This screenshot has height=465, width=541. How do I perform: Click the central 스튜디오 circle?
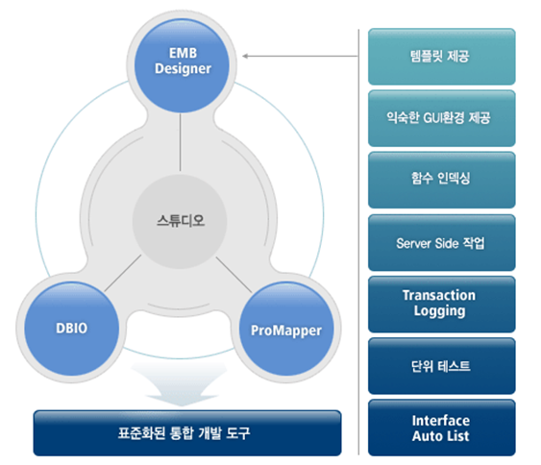tap(181, 219)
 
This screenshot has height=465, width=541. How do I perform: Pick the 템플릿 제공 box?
tap(442, 56)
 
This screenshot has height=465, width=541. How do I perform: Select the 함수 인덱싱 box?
tap(442, 180)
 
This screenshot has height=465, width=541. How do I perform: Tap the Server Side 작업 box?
tap(442, 242)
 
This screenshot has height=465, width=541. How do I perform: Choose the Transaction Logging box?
tap(442, 304)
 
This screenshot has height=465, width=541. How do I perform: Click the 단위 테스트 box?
tap(442, 366)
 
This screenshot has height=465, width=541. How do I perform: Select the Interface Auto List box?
tap(442, 428)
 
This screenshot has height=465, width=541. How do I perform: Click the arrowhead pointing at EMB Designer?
tap(246, 56)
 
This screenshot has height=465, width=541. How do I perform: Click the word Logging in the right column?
tap(440, 311)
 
